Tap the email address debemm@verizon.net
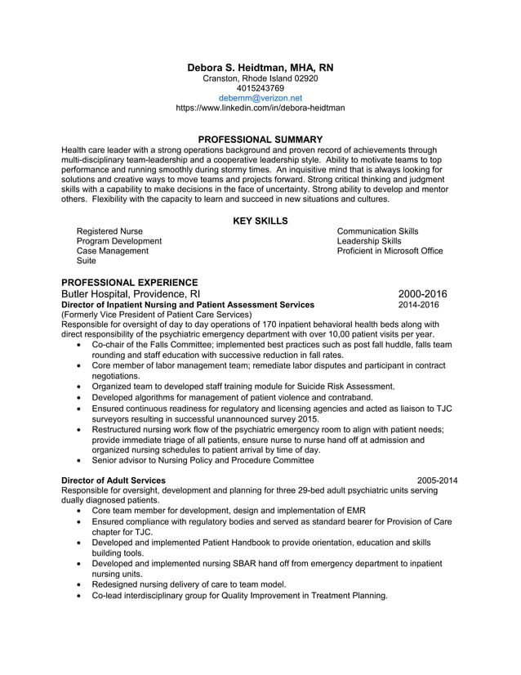[260, 97]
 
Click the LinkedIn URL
[260, 107]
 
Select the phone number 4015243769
[260, 87]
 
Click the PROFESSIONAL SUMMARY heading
[260, 140]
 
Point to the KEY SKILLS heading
[260, 221]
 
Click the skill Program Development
[118, 241]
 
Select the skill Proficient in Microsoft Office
[390, 251]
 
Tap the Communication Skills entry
[377, 231]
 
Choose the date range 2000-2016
[422, 294]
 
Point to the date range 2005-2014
[437, 481]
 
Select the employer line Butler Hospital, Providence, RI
[131, 294]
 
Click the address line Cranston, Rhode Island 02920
[260, 78]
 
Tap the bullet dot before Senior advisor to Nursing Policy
[78, 461]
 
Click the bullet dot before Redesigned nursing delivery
[78, 585]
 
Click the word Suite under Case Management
[86, 262]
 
